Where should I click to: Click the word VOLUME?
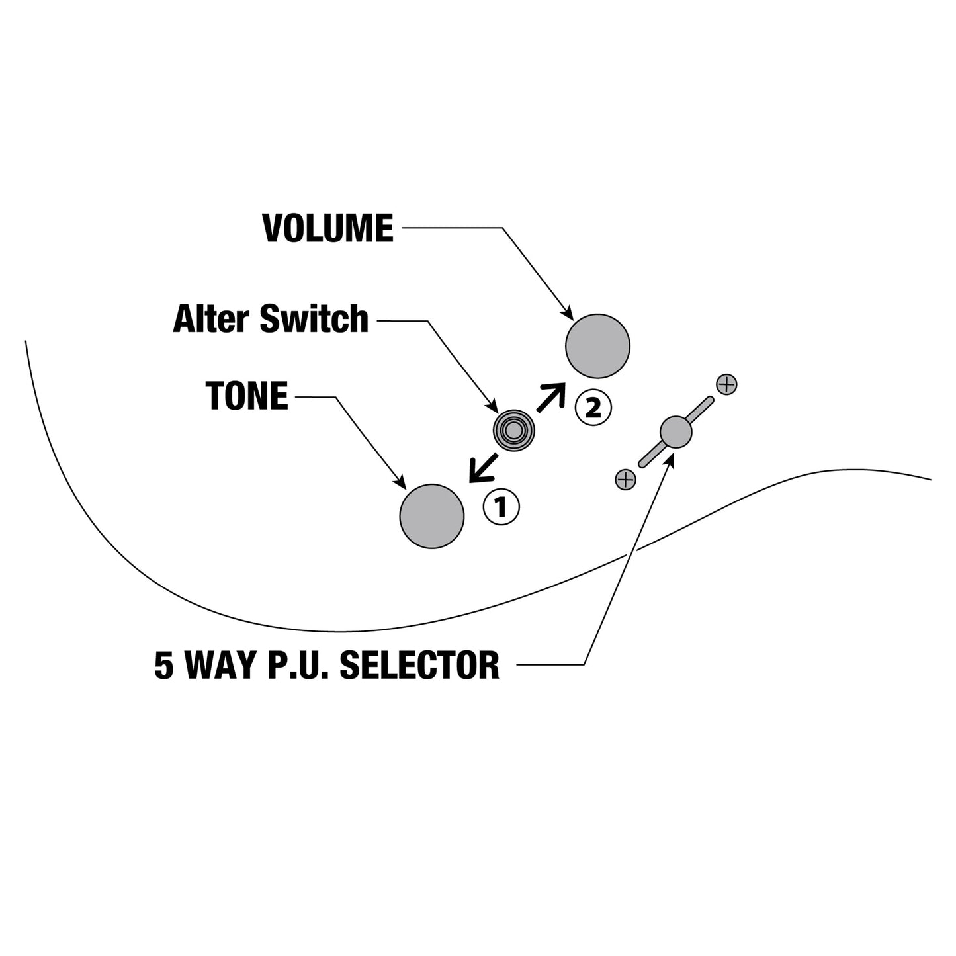(x=327, y=228)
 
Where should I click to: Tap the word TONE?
(x=247, y=396)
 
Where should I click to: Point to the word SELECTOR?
(x=419, y=665)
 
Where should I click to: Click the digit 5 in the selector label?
(x=163, y=665)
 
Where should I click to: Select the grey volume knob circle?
(x=597, y=346)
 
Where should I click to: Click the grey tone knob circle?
(x=431, y=516)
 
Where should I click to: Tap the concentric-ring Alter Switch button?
(x=514, y=430)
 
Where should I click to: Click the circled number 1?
(x=501, y=507)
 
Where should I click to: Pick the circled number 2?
(x=593, y=408)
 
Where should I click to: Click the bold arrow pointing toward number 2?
(x=551, y=397)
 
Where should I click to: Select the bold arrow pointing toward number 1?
(x=484, y=466)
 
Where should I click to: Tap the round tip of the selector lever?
(x=675, y=431)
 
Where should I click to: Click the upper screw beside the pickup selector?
(x=727, y=384)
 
